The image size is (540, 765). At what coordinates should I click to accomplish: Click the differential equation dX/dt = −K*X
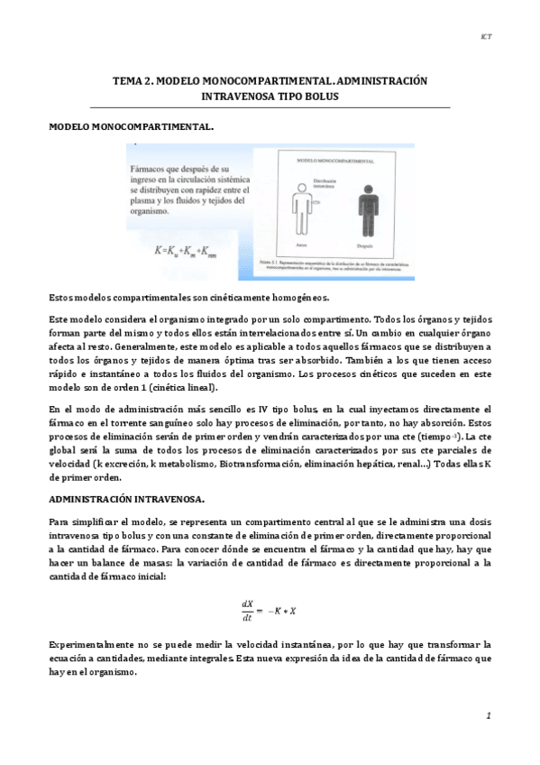pyautogui.click(x=270, y=610)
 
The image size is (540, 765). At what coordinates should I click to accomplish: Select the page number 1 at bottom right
pyautogui.click(x=488, y=715)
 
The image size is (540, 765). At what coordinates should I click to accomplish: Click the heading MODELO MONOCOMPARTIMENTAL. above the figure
pyautogui.click(x=131, y=127)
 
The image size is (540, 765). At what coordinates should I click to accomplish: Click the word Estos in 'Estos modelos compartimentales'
pyautogui.click(x=62, y=298)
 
